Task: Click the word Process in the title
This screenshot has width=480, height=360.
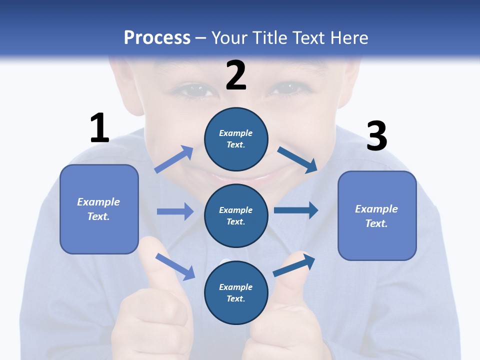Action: tap(157, 38)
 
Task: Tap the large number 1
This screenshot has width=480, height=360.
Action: tap(99, 128)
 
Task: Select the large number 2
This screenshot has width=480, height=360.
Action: tap(235, 75)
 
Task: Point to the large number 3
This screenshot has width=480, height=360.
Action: tap(376, 136)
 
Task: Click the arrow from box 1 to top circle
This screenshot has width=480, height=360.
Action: tap(174, 159)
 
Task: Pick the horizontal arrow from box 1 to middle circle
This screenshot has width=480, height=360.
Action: tap(175, 211)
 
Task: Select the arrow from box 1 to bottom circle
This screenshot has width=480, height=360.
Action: tap(175, 266)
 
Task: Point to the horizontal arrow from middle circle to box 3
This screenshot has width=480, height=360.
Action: tap(296, 210)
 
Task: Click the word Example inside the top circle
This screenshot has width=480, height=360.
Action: tap(235, 133)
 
